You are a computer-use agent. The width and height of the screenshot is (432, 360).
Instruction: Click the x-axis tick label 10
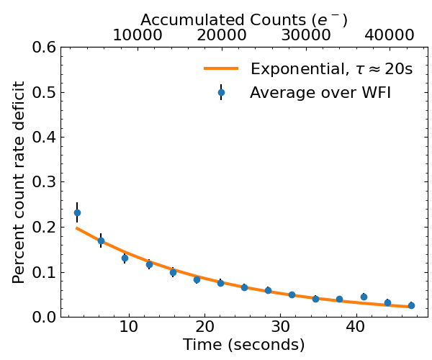129,328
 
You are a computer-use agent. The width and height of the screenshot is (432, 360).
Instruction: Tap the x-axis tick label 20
204,328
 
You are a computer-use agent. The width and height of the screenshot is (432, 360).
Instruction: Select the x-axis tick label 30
280,328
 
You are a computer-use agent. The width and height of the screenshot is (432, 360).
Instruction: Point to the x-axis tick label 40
356,328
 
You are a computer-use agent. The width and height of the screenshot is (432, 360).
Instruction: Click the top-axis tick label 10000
138,35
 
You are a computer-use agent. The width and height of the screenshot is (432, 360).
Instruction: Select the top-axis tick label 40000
389,35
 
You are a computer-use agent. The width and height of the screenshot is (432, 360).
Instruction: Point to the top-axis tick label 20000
222,35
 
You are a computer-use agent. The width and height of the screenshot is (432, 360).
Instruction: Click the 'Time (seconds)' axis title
243,346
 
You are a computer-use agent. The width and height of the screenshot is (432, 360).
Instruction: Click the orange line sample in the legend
221,69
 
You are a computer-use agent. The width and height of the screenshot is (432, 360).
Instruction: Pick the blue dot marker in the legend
221,92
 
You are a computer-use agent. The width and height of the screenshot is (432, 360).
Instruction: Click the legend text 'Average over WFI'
320,92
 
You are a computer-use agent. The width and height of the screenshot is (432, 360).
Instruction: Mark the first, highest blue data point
77,212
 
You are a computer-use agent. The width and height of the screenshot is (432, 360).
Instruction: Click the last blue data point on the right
411,305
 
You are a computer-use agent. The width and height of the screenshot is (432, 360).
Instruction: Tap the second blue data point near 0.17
101,240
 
